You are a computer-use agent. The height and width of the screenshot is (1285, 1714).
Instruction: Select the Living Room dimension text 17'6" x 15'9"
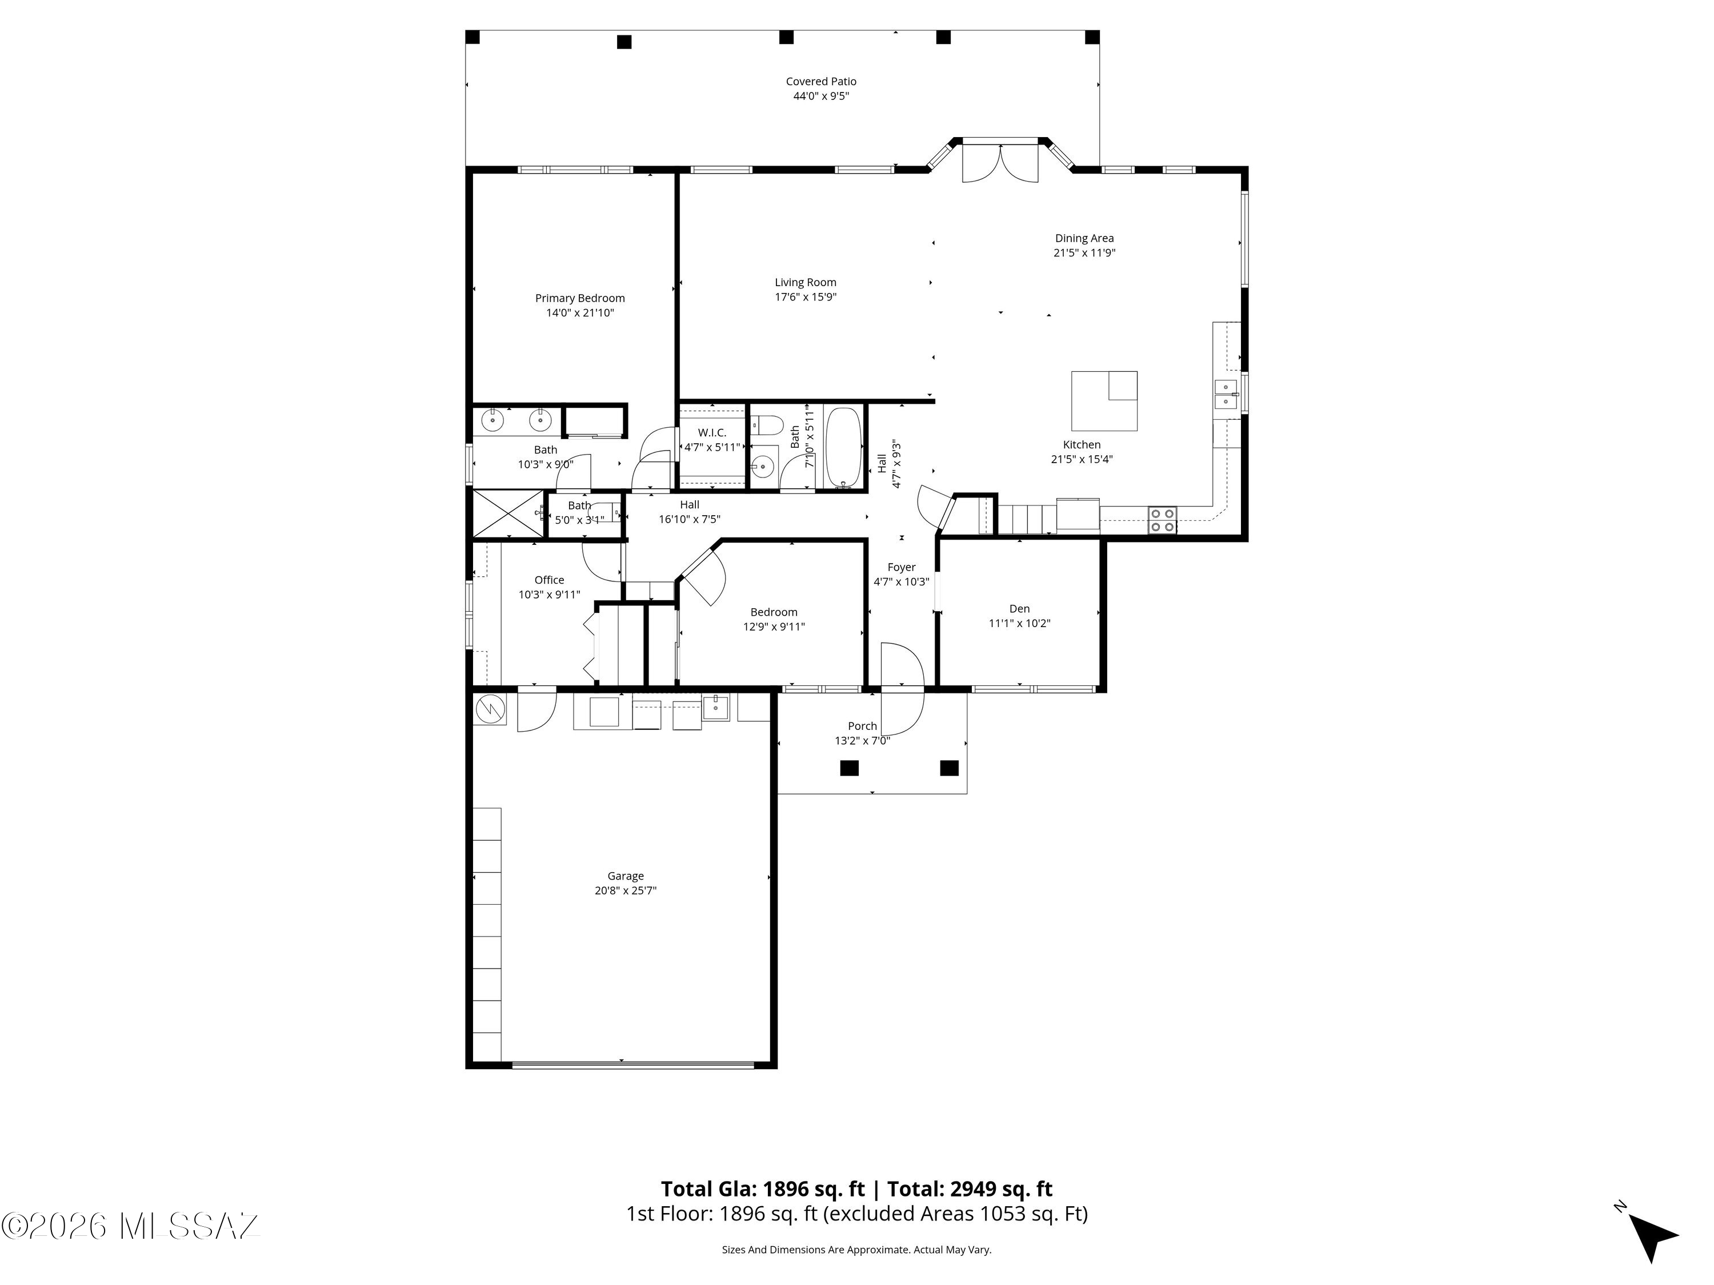[805, 296]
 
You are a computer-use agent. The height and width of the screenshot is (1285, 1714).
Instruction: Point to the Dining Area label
[1084, 239]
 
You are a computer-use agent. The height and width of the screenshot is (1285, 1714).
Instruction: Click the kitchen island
[1104, 400]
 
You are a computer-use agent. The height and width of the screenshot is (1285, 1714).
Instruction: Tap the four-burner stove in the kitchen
[1162, 520]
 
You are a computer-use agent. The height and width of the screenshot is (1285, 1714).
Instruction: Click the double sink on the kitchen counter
[1226, 394]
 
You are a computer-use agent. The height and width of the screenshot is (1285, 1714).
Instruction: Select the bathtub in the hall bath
[844, 447]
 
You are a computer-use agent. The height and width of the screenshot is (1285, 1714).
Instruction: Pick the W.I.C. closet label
[711, 433]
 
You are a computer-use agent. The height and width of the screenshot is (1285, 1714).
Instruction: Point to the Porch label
[862, 726]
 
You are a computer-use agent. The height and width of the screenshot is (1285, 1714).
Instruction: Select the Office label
[550, 580]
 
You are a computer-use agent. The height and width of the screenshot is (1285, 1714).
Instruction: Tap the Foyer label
[901, 568]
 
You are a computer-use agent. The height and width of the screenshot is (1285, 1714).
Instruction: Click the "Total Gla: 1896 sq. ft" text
[763, 1189]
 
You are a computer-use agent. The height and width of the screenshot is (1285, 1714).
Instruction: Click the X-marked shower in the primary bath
[507, 513]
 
